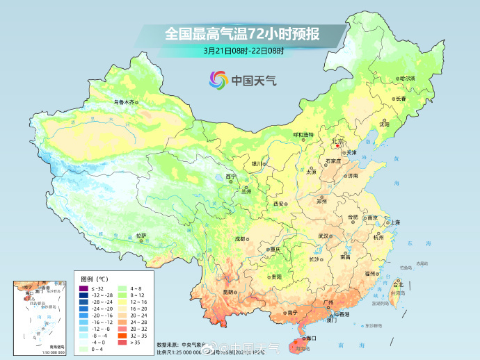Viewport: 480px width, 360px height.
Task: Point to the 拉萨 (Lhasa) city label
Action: click(x=141, y=236)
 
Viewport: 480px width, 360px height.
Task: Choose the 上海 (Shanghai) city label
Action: click(x=394, y=222)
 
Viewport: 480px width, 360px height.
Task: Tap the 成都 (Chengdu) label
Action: click(x=240, y=238)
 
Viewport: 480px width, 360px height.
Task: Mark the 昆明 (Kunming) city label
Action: click(x=229, y=292)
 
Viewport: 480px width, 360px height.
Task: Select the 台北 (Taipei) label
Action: click(x=398, y=285)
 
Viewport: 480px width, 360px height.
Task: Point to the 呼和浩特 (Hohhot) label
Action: click(x=303, y=134)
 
